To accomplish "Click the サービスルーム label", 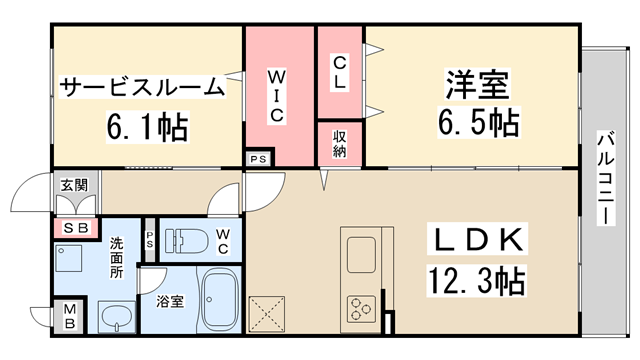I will (142, 87).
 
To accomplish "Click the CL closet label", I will (339, 72).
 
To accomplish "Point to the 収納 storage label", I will (339, 143).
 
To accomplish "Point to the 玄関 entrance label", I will (73, 185).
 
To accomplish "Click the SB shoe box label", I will (73, 229).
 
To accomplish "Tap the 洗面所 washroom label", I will (117, 256).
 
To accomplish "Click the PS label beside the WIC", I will (257, 158).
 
